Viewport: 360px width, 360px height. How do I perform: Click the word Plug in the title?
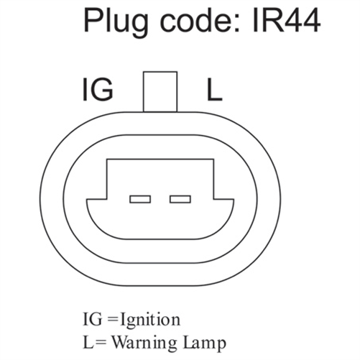tap(116, 23)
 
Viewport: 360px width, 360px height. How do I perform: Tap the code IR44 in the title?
tap(286, 20)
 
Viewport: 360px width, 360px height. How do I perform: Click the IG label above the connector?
tap(98, 90)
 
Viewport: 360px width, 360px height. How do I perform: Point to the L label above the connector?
tap(214, 90)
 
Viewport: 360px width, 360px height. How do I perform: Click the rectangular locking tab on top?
tap(160, 92)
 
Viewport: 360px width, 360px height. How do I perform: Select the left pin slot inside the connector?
tap(140, 199)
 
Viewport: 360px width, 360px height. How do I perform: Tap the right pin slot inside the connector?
tap(180, 199)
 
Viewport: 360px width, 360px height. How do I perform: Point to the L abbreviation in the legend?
tap(88, 342)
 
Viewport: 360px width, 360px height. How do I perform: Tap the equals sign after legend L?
tap(101, 343)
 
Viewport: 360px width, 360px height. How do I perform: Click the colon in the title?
tap(236, 24)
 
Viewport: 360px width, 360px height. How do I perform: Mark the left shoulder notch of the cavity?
tap(107, 199)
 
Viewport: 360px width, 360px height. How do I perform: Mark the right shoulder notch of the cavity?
tap(213, 199)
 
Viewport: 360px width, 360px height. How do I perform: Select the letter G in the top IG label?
tap(102, 90)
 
